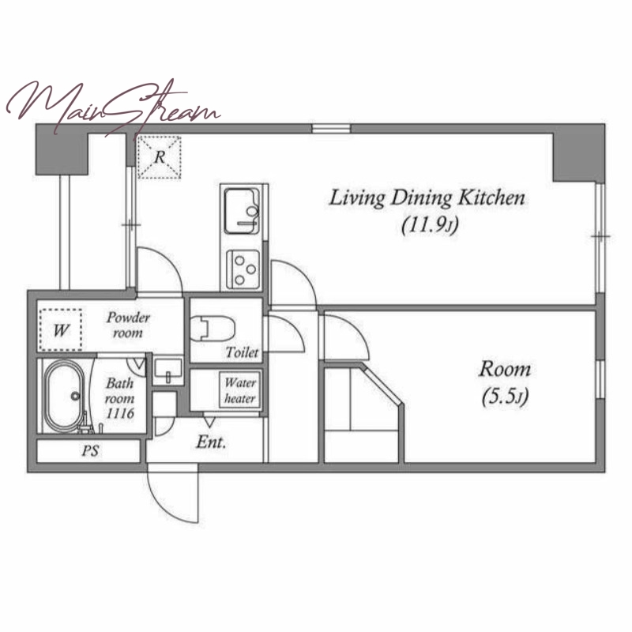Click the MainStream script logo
(113, 107)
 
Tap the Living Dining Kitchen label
(427, 198)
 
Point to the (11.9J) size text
(430, 226)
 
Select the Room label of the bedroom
(505, 370)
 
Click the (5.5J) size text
(505, 397)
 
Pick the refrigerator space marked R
(160, 157)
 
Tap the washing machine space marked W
(61, 330)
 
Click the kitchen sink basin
(242, 211)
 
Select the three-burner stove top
(243, 269)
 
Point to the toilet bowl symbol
(212, 328)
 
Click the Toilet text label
(242, 352)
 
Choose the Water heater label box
(240, 389)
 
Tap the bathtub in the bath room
(65, 396)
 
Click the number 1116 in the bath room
(120, 413)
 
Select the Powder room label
(128, 325)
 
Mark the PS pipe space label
(90, 450)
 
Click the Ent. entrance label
(211, 442)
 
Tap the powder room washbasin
(168, 371)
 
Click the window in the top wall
(331, 129)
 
